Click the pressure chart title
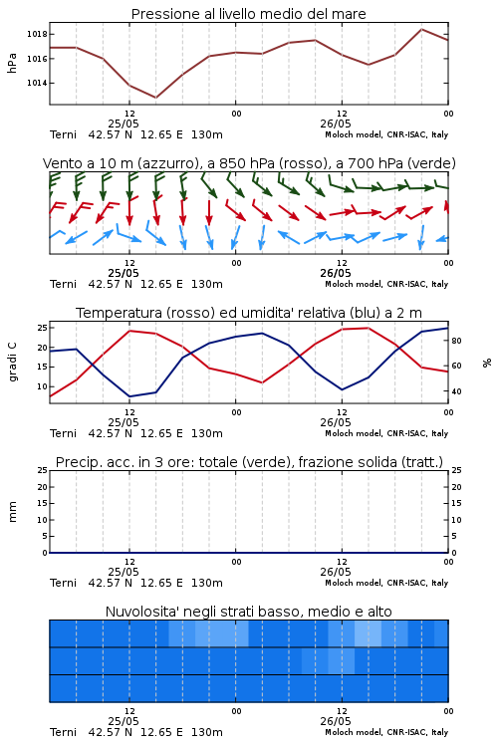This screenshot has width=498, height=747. coord(248,14)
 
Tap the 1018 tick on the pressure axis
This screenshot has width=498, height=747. coord(37,34)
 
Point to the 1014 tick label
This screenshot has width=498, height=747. coord(37,83)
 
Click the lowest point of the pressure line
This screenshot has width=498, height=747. coord(155,98)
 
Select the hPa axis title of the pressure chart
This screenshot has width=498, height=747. coord(12,63)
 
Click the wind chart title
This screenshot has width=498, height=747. coord(249,163)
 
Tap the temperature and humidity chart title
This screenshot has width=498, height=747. coord(249,313)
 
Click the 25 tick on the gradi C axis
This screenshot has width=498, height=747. coord(43,328)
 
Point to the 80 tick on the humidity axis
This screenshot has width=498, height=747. coord(456,341)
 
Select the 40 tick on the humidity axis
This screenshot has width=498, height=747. coord(456,391)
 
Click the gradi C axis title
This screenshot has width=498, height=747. coord(12,362)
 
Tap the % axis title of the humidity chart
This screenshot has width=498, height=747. coord(487,363)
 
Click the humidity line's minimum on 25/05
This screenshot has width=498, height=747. coord(129,396)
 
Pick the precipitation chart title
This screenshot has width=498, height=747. coord(249,462)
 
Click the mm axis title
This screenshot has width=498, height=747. coord(12,511)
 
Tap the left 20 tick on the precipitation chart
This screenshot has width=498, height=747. coord(43,487)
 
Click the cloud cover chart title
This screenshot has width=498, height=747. coord(248,612)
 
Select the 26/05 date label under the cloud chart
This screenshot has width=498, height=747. coord(336,721)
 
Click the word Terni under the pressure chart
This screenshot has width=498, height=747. coord(63,134)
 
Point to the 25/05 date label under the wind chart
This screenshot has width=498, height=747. coord(124,274)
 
